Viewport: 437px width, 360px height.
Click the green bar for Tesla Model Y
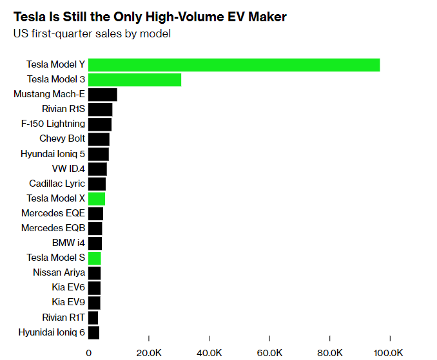click(x=233, y=64)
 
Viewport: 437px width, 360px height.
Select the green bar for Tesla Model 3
click(x=134, y=79)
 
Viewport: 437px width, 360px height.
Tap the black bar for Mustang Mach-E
click(x=102, y=94)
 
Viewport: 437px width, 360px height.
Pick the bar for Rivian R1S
click(x=100, y=109)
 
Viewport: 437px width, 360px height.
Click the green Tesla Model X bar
click(x=97, y=198)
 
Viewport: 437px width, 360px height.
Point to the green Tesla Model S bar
click(x=94, y=258)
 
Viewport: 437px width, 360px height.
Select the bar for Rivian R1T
click(x=93, y=317)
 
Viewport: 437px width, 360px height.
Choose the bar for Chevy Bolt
click(x=99, y=138)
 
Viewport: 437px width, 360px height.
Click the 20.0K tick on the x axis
click(x=149, y=352)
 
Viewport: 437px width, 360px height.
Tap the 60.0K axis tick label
click(x=269, y=352)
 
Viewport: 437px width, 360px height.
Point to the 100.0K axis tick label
click(x=389, y=352)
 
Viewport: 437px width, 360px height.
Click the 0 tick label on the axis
click(x=89, y=352)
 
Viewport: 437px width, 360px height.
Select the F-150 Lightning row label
click(x=53, y=124)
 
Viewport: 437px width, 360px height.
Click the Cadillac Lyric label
click(x=57, y=184)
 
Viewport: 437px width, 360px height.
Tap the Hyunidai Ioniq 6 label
click(x=52, y=332)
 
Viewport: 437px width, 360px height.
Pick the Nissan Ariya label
click(x=59, y=272)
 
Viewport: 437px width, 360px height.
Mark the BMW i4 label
click(x=68, y=243)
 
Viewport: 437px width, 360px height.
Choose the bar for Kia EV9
click(x=94, y=302)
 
